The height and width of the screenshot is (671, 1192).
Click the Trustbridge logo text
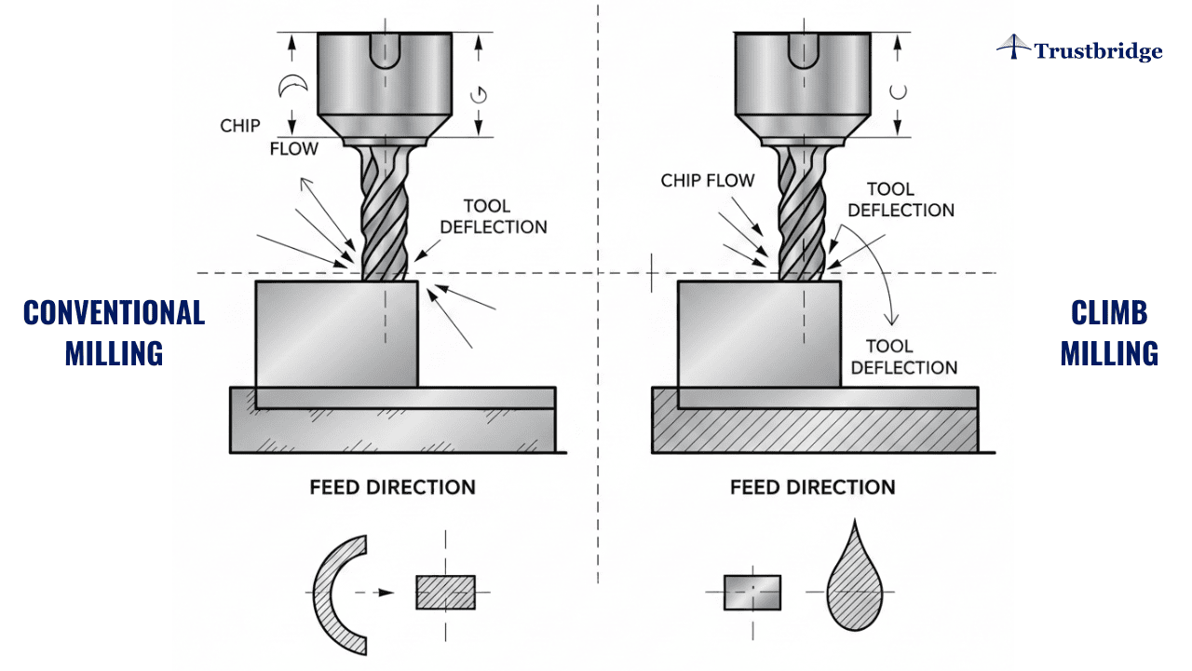(1098, 51)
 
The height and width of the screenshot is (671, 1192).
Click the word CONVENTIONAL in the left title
(114, 312)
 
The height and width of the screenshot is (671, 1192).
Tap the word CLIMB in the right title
(1109, 313)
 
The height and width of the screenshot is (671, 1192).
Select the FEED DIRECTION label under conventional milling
(393, 486)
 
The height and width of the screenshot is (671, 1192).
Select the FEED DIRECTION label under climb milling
(813, 486)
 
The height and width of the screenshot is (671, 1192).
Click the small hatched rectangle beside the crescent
(445, 592)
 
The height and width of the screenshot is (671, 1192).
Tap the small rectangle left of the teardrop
(752, 592)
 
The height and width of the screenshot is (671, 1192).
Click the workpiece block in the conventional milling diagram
(336, 334)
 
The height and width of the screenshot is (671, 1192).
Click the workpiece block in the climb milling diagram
(758, 334)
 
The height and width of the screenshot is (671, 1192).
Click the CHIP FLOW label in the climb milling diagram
(708, 181)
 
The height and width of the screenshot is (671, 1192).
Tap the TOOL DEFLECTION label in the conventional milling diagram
(494, 216)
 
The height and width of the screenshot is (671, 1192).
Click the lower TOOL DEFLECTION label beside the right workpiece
(903, 356)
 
